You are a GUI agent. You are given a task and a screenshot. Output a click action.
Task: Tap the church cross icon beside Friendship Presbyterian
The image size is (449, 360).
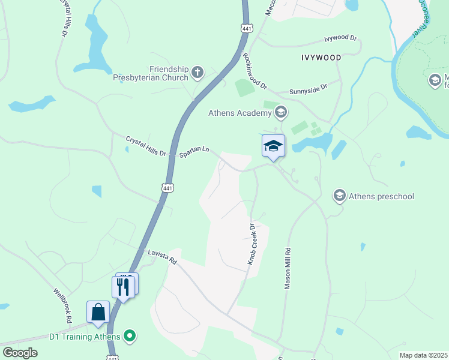[197, 73]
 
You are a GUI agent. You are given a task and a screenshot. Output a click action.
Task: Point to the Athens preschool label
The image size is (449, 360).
[382, 196]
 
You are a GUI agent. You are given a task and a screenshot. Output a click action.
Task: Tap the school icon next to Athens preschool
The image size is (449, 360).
[339, 196]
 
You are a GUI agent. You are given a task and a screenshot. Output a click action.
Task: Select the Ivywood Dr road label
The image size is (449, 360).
[340, 38]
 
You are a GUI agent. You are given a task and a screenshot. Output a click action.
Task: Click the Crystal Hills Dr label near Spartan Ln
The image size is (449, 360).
[145, 146]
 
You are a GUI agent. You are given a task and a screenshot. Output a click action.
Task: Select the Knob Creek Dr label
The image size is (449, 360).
[252, 244]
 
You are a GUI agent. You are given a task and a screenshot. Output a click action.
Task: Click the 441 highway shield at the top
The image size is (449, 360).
[247, 28]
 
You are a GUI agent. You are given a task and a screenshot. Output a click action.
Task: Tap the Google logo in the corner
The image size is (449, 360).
[20, 352]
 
